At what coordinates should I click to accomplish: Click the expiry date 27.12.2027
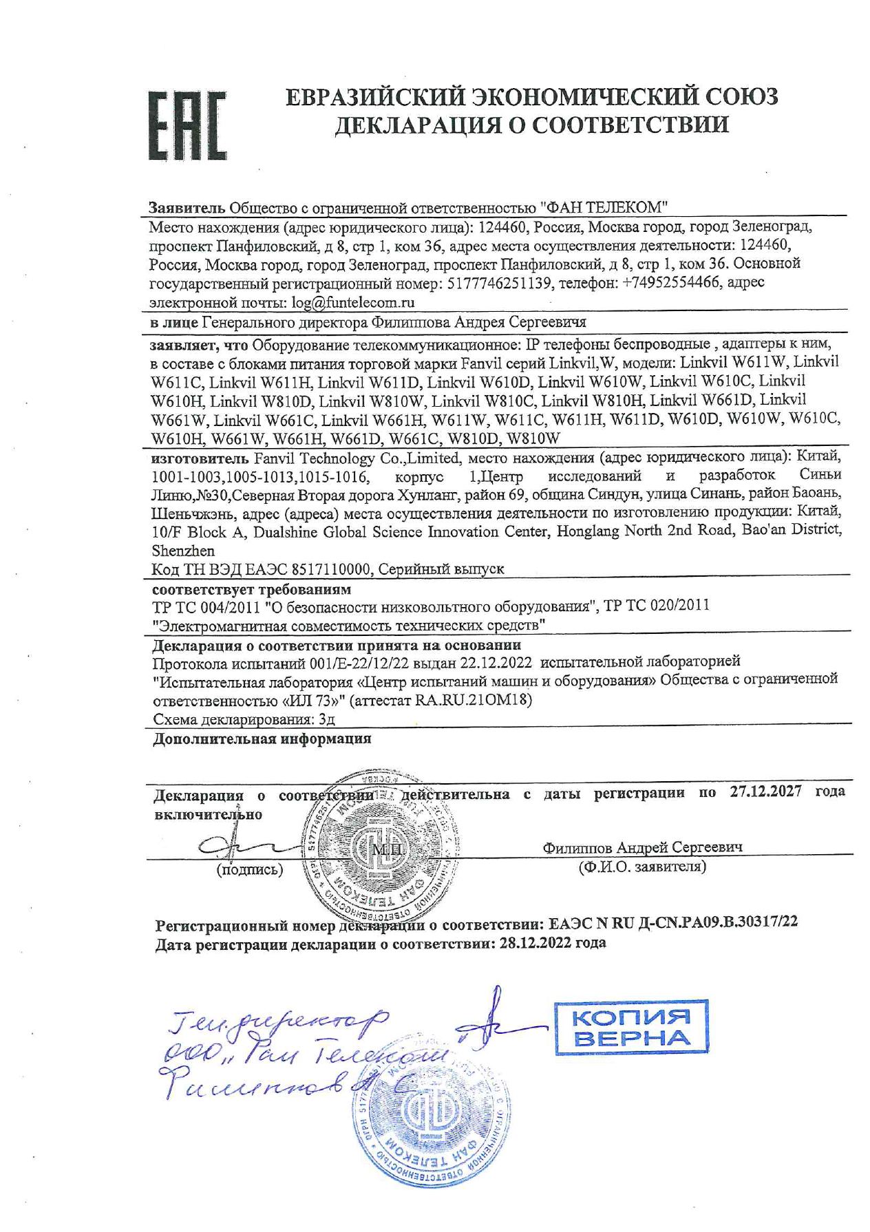[x=765, y=792]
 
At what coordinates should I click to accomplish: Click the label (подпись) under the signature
[x=250, y=869]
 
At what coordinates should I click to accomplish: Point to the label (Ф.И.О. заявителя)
[x=642, y=867]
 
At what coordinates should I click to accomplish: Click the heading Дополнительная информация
[x=262, y=739]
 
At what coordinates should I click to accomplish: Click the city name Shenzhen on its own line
[x=183, y=551]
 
